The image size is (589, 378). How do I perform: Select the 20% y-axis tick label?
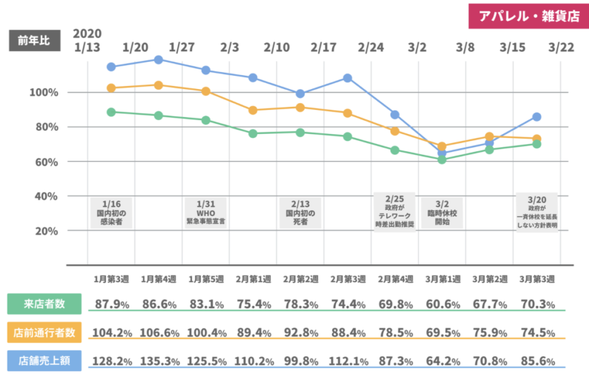(x=45, y=232)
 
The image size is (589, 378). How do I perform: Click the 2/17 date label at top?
(x=323, y=47)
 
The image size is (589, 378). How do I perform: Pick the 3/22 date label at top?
(x=561, y=47)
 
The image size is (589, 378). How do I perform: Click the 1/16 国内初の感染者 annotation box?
(x=111, y=213)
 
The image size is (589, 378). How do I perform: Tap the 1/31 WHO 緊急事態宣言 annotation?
(x=205, y=213)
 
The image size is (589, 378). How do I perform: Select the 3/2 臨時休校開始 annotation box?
(x=442, y=213)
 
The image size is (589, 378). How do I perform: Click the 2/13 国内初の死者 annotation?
(x=300, y=213)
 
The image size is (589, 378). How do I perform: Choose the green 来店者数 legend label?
(x=44, y=304)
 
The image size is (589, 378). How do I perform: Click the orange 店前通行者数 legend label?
(x=44, y=332)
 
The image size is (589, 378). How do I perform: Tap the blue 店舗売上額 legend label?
(x=44, y=360)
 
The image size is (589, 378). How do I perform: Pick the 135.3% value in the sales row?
(x=158, y=361)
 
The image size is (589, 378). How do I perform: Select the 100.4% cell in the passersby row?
(x=205, y=333)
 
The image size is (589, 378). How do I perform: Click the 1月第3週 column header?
(x=111, y=279)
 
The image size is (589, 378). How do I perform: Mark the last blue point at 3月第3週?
(x=537, y=117)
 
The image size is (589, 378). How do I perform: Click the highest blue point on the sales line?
(x=158, y=60)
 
